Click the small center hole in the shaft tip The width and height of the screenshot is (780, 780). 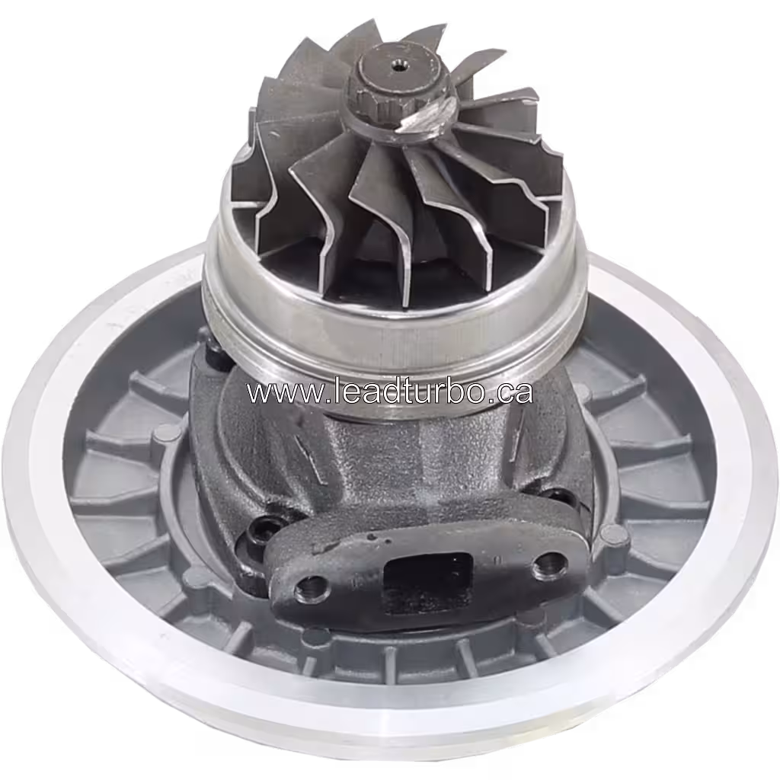(x=398, y=66)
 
